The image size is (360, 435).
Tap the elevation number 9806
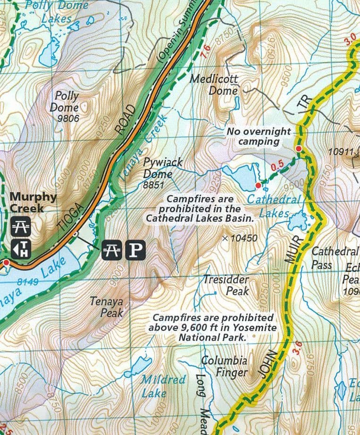pyautogui.click(x=67, y=119)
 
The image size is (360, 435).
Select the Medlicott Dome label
pyautogui.click(x=215, y=85)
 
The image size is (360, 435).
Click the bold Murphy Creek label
pyautogui.click(x=33, y=202)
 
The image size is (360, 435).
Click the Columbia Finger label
pyautogui.click(x=224, y=367)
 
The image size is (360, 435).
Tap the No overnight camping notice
pyautogui.click(x=259, y=136)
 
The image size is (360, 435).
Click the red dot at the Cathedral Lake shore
pyautogui.click(x=258, y=184)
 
